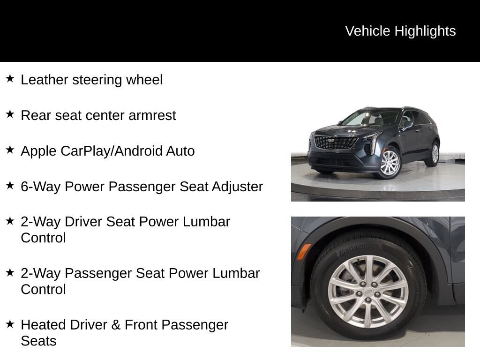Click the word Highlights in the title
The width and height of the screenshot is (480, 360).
(x=425, y=31)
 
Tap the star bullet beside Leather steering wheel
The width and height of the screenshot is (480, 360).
(x=10, y=78)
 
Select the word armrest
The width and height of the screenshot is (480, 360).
(x=152, y=115)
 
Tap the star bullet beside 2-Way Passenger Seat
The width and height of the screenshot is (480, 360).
(x=10, y=272)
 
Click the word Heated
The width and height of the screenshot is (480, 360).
(x=43, y=325)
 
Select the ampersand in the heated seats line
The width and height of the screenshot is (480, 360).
(x=116, y=325)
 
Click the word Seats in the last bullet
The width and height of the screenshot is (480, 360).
(x=38, y=341)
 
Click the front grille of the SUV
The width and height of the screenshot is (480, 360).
(x=336, y=142)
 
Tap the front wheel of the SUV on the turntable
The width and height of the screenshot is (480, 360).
(x=389, y=163)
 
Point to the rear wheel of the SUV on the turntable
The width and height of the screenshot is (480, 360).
(x=435, y=154)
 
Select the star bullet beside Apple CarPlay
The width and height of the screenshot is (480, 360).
(x=10, y=150)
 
